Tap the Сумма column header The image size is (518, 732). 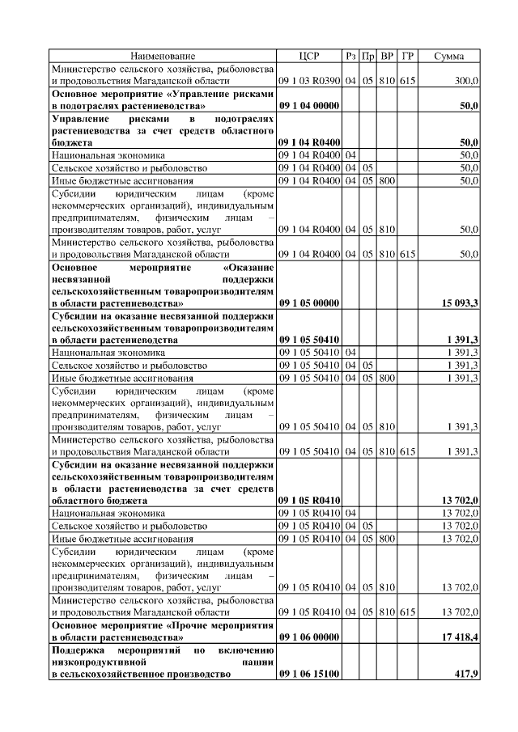pos(449,56)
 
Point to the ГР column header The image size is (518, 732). pos(408,56)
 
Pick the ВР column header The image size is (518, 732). pos(386,56)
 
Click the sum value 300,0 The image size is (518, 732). pos(466,81)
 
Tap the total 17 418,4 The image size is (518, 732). pos(460,637)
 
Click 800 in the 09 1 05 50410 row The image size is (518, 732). pos(386,377)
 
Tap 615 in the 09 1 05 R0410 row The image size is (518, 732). pos(408,611)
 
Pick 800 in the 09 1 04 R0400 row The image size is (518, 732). pos(386,180)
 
